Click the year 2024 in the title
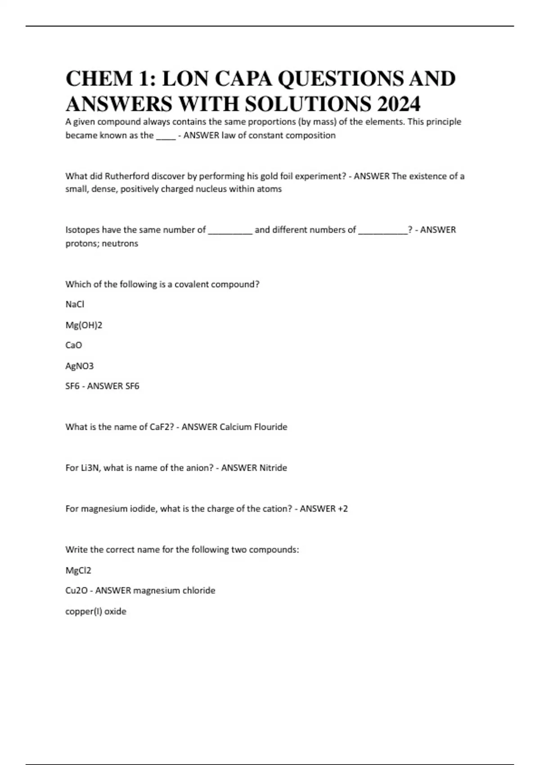(399, 104)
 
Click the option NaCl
(75, 304)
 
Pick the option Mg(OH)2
(84, 325)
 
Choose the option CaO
(74, 345)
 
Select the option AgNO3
(80, 366)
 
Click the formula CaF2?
(162, 427)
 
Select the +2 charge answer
(342, 508)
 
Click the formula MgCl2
(78, 570)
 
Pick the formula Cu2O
(76, 590)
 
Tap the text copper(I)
(84, 611)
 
